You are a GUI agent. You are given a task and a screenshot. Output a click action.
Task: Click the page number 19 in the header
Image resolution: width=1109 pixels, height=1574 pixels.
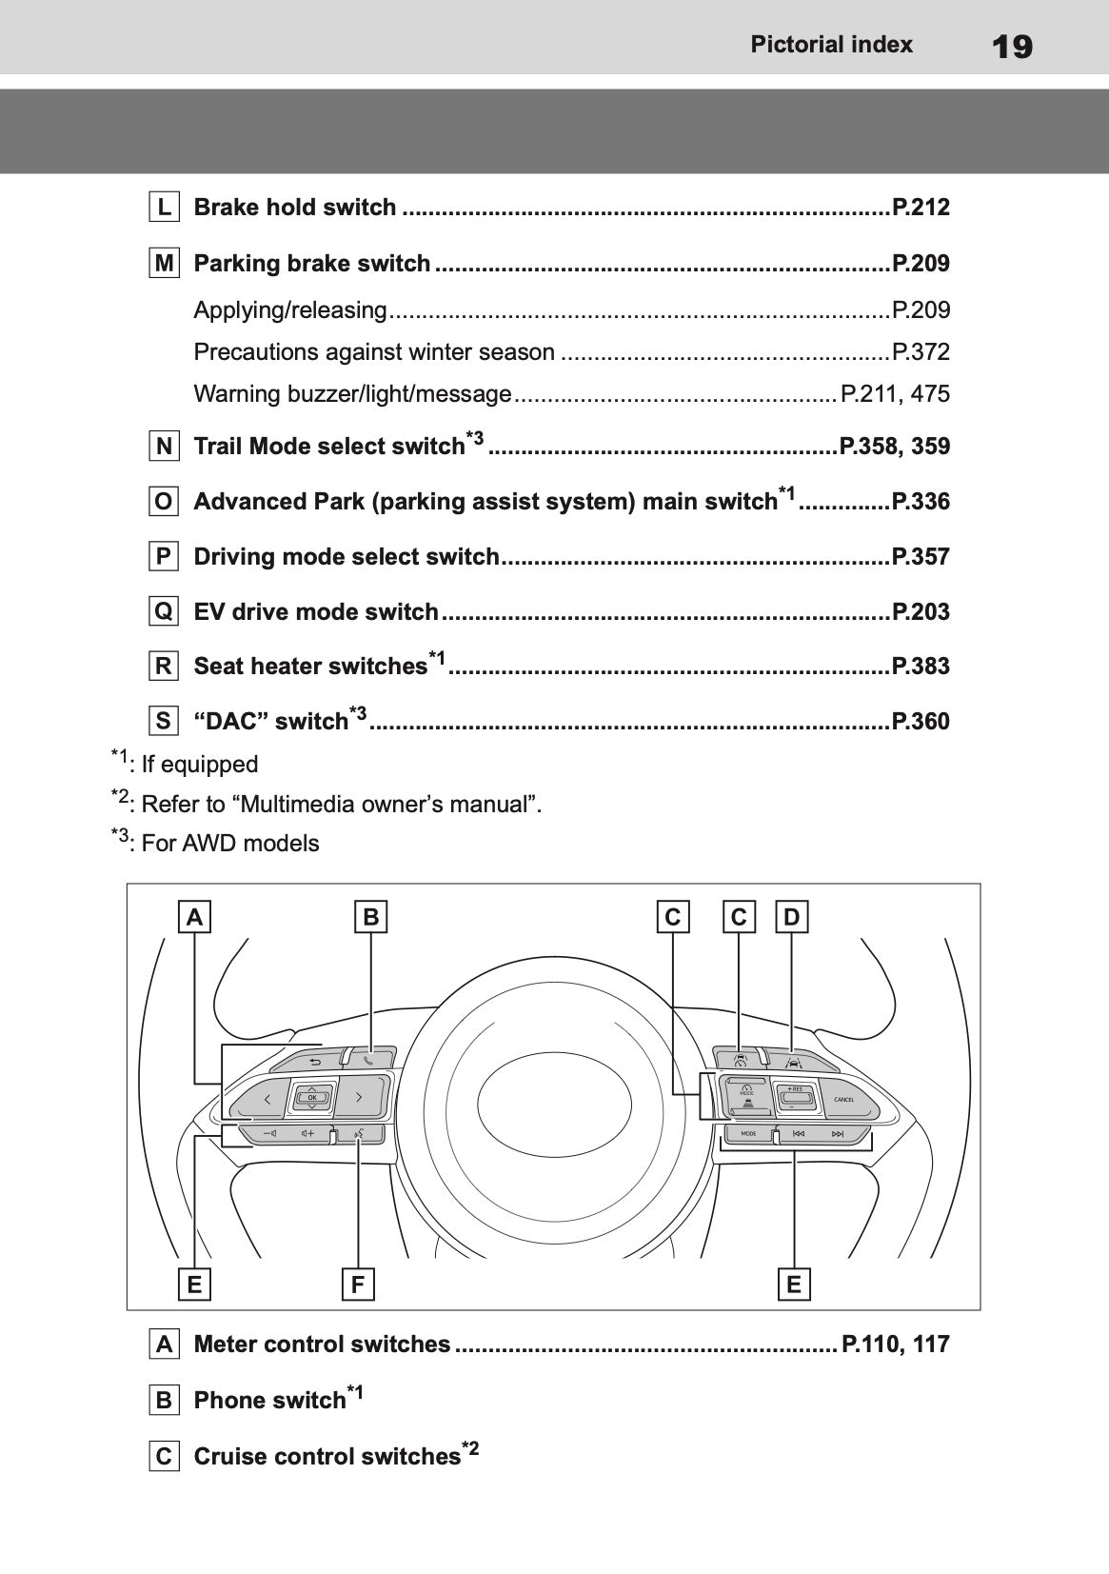(x=1011, y=46)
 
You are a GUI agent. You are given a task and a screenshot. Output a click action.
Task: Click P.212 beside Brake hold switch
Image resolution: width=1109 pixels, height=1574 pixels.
(x=920, y=208)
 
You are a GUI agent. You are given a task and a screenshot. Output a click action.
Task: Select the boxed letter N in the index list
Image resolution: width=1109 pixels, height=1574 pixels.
(x=165, y=446)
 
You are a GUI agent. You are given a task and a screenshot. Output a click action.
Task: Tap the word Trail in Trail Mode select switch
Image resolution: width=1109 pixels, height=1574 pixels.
(x=218, y=447)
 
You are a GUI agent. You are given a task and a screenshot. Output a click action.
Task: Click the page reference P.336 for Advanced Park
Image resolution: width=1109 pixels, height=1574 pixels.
(x=920, y=502)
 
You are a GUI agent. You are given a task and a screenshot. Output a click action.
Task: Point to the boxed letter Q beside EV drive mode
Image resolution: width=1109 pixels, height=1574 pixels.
(x=165, y=611)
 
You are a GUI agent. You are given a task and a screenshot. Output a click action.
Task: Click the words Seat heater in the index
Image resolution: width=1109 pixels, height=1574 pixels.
(x=250, y=667)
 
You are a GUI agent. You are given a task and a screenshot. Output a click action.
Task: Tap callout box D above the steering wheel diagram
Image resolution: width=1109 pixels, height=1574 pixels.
(x=792, y=918)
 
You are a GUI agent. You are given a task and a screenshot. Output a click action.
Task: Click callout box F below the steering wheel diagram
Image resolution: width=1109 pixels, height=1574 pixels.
(x=358, y=1285)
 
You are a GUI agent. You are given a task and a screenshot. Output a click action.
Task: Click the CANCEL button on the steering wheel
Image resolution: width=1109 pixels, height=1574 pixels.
(x=844, y=1100)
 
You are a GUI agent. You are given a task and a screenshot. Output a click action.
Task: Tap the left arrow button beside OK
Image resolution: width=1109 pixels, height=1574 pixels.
(x=266, y=1099)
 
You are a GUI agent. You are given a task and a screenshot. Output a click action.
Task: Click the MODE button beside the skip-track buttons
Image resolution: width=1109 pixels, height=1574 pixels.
(x=749, y=1134)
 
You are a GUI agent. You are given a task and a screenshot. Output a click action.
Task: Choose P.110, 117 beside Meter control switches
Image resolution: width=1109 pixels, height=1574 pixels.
(x=895, y=1345)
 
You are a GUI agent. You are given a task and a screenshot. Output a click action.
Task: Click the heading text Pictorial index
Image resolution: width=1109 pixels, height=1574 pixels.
(x=831, y=45)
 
